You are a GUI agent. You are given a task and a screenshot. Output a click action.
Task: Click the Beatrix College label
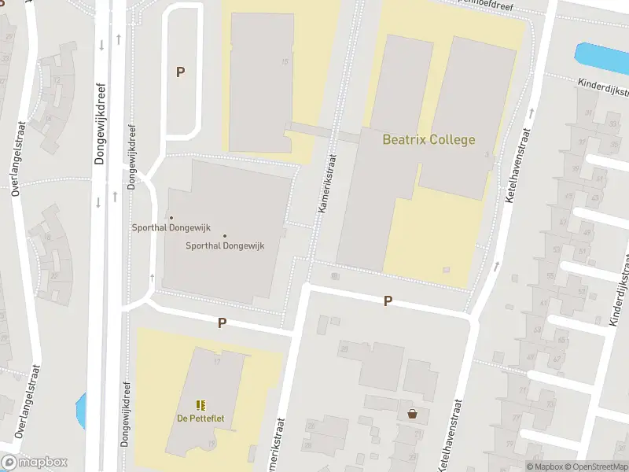click(429, 140)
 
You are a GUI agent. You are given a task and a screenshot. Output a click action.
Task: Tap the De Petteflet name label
click(200, 419)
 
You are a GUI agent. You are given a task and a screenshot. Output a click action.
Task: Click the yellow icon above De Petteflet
click(200, 405)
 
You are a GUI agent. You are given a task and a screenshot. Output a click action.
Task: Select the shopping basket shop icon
click(412, 414)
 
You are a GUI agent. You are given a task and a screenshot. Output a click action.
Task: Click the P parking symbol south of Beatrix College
click(388, 301)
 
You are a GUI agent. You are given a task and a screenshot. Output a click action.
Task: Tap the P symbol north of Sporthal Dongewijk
click(180, 72)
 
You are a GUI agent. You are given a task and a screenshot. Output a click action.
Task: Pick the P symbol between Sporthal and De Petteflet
click(222, 323)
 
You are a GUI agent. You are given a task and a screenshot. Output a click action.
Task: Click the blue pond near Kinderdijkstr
click(602, 56)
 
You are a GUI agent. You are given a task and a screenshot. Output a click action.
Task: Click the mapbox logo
click(35, 463)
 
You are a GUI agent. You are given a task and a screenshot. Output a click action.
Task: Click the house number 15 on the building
click(285, 61)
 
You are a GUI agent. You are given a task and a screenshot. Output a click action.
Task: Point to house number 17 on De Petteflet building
click(215, 361)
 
